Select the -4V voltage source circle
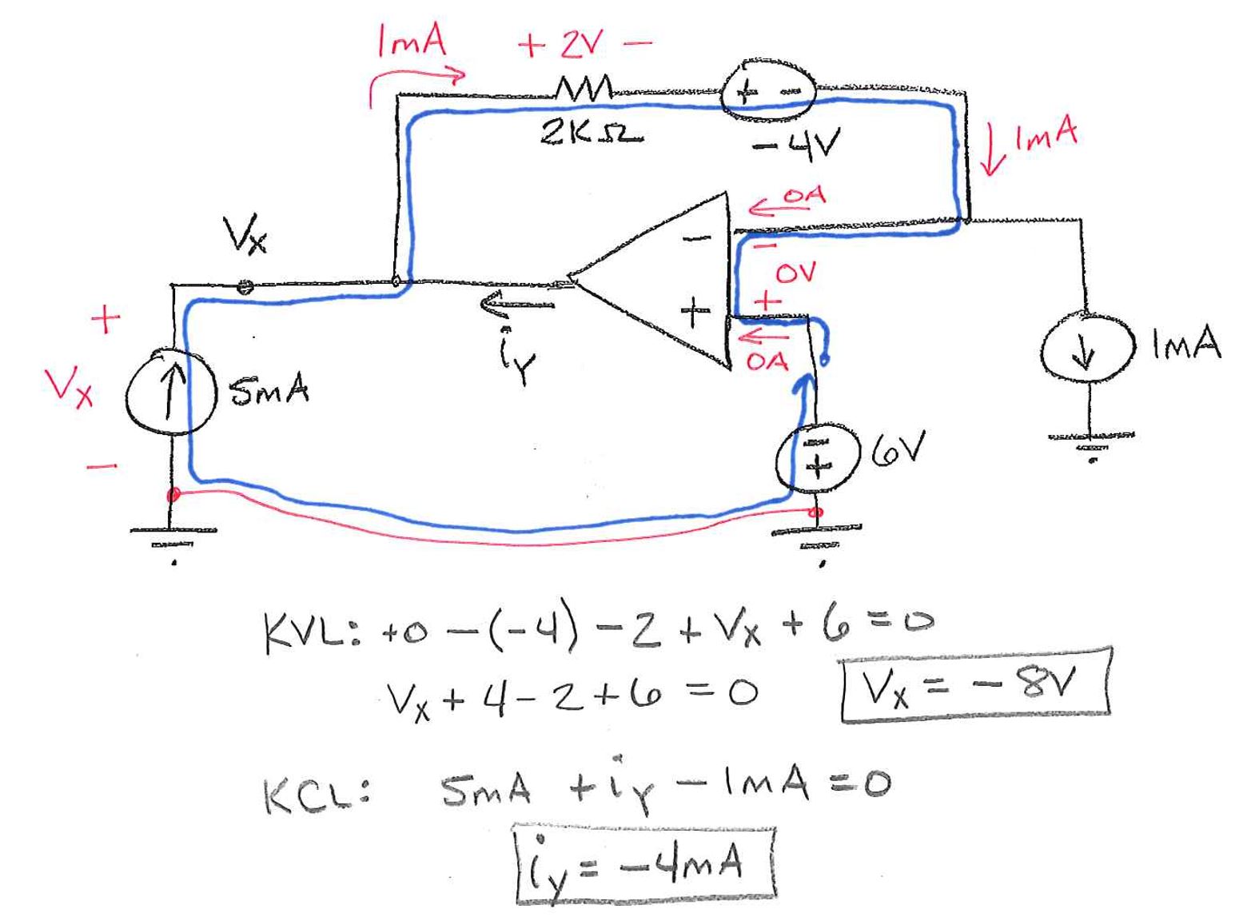click(x=768, y=92)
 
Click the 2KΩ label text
click(x=590, y=133)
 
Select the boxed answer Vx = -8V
click(x=974, y=686)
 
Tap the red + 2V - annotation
click(x=584, y=46)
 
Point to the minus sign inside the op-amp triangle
click(x=695, y=237)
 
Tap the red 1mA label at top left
click(x=411, y=40)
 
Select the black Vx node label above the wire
click(x=245, y=235)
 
